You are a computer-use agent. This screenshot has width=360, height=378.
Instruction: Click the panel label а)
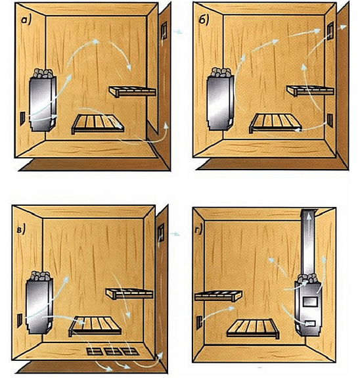click(26, 20)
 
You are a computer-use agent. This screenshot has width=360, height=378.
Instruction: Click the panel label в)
click(21, 230)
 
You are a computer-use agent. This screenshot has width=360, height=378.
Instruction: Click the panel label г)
click(198, 231)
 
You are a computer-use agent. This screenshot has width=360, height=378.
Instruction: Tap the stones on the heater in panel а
click(43, 73)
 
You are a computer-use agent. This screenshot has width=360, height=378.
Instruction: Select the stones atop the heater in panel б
click(221, 72)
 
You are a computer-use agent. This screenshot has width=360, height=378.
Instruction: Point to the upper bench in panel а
click(133, 91)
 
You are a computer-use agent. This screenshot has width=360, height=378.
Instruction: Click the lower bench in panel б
click(275, 123)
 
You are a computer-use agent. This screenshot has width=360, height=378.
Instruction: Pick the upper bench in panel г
click(218, 296)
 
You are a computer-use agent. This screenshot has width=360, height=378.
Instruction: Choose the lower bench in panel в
click(95, 326)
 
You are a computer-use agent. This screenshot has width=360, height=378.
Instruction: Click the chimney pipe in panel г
click(309, 243)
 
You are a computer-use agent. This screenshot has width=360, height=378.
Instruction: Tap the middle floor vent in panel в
click(113, 351)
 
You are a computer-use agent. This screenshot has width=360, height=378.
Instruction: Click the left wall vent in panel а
click(22, 118)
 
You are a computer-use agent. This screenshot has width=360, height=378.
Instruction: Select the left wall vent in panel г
click(199, 323)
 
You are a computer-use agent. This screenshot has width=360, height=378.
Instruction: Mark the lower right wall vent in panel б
click(330, 120)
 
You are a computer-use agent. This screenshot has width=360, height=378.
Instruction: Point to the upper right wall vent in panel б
click(330, 31)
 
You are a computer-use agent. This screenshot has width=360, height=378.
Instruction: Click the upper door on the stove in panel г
click(310, 302)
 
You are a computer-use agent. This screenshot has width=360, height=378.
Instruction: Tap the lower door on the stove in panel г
click(310, 323)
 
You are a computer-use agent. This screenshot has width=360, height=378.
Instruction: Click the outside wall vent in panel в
click(161, 233)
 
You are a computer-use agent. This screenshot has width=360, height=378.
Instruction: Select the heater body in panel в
click(39, 306)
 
